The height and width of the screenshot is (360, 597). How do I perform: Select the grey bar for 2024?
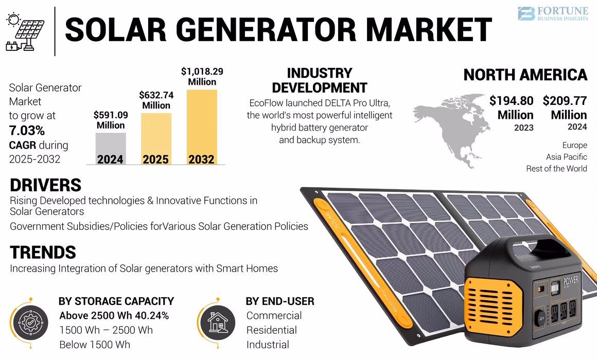pyautogui.click(x=111, y=148)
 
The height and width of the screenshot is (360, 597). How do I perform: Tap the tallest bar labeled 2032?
pyautogui.click(x=201, y=126)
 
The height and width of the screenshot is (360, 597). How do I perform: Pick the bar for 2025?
pyautogui.click(x=156, y=138)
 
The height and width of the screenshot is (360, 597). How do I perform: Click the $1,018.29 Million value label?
pyautogui.click(x=202, y=77)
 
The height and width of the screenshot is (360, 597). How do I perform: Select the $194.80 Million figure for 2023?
pyautogui.click(x=511, y=107)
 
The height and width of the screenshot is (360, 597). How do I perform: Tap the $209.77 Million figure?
pyautogui.click(x=565, y=107)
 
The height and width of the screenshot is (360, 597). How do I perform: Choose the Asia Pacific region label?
pyautogui.click(x=566, y=157)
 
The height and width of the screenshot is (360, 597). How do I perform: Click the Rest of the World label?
pyautogui.click(x=556, y=169)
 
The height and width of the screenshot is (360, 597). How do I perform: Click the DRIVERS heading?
pyautogui.click(x=45, y=185)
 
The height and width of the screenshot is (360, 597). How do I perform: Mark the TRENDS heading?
pyautogui.click(x=43, y=253)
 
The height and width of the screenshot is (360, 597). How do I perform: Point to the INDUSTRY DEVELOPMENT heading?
pyautogui.click(x=319, y=80)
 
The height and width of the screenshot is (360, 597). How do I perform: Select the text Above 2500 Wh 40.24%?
pyautogui.click(x=114, y=315)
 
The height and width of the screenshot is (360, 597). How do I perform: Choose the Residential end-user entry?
pyautogui.click(x=271, y=330)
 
